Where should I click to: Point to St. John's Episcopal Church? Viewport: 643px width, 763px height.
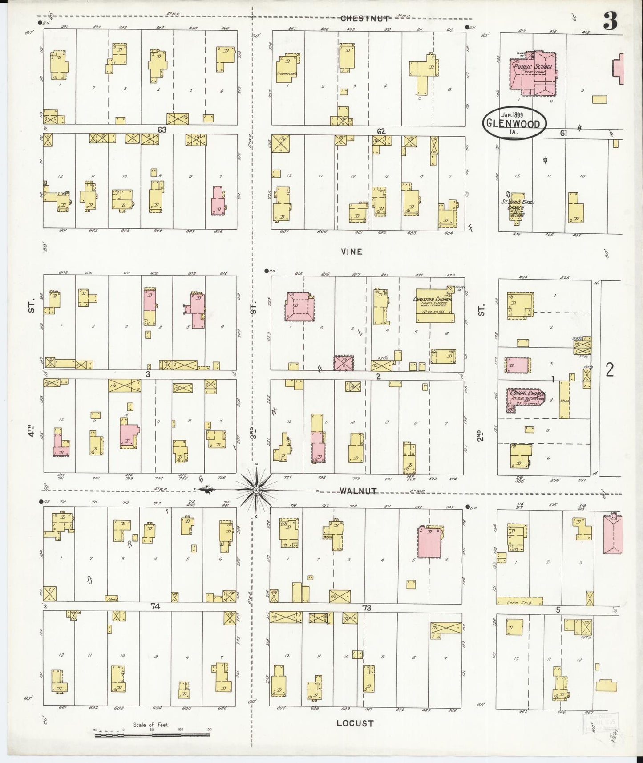[517, 206]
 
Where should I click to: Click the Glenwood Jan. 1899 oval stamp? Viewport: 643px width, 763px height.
[514, 123]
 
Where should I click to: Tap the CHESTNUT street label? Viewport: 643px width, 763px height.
[365, 18]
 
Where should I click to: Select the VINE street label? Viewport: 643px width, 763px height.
[352, 252]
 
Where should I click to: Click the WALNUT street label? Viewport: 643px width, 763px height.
[358, 491]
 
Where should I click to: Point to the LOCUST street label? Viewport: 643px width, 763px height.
[355, 723]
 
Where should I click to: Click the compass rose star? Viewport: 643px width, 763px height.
[257, 491]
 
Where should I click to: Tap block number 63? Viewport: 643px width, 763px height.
[162, 130]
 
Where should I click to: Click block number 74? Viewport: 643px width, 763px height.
[155, 606]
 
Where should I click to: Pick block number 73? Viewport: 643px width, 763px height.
[367, 608]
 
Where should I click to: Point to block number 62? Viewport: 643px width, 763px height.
[381, 131]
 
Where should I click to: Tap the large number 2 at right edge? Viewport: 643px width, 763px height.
[610, 370]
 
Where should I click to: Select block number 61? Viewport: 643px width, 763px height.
[563, 133]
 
